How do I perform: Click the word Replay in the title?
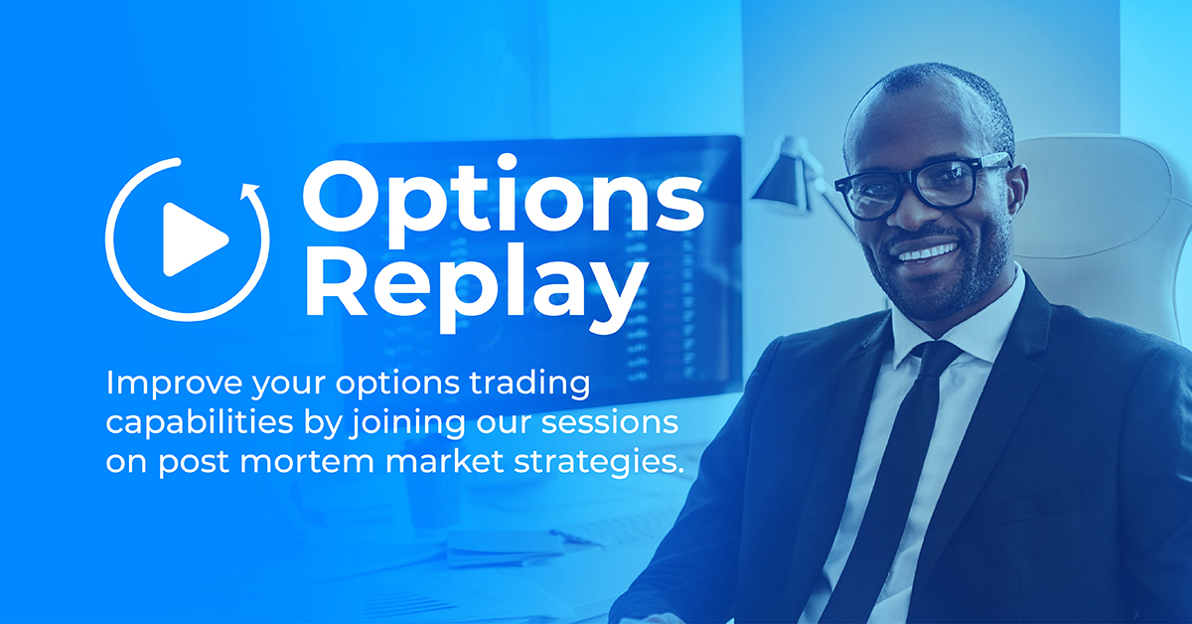tap(471, 280)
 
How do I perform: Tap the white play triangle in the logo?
tap(192, 238)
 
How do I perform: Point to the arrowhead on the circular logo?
tap(252, 190)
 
